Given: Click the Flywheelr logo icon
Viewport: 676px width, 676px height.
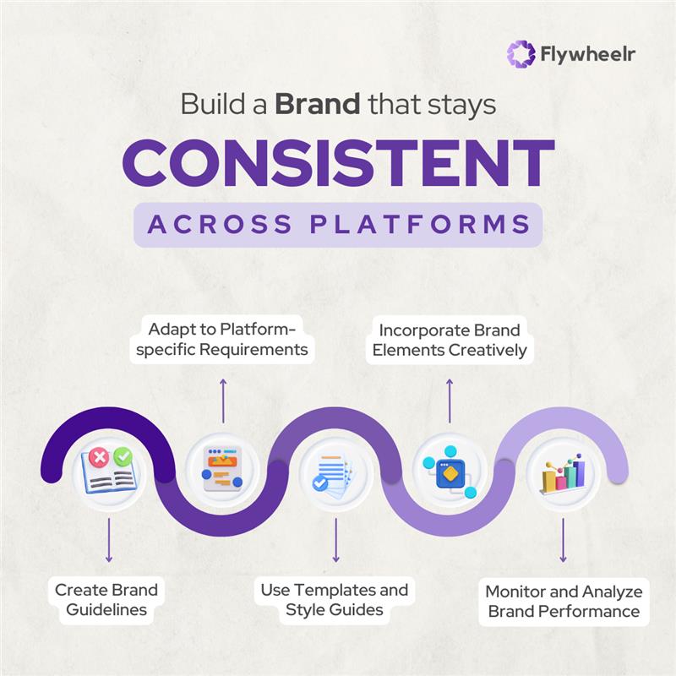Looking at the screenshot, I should coord(521,54).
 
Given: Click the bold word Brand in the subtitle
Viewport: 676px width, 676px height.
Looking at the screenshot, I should coord(319,106).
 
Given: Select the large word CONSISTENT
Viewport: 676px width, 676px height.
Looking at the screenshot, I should coord(338,164).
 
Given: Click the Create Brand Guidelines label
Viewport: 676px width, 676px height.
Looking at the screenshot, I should coord(106,599).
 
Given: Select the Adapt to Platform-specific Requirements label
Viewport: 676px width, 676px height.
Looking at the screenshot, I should coord(222,339).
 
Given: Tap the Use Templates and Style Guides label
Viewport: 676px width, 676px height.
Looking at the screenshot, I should coord(335,599).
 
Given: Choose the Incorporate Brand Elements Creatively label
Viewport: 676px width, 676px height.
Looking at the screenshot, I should coord(449,339).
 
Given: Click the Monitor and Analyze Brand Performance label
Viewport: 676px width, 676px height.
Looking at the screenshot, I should coord(564,600).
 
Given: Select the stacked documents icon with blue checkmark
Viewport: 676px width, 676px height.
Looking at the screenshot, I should coord(335,472).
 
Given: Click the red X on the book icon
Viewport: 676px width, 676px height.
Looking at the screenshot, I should coord(100,457).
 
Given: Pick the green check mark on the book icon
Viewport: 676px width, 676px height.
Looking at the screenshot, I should coord(123,456).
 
